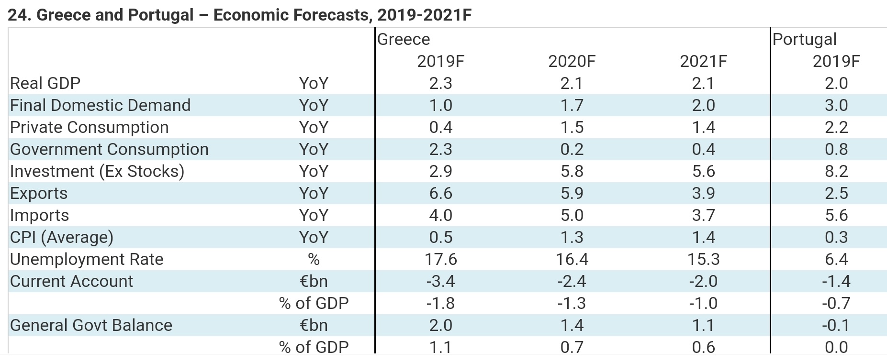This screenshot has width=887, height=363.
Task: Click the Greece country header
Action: [x=404, y=39]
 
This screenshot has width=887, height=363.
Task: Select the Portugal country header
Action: [x=804, y=39]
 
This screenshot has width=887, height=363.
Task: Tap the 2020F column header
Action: [x=572, y=61]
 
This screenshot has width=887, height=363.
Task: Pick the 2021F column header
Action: [x=703, y=61]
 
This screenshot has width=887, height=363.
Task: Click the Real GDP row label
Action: [x=45, y=83]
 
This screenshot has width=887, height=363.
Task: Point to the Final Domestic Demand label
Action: [x=100, y=105]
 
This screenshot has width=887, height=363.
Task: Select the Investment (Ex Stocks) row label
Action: [x=97, y=171]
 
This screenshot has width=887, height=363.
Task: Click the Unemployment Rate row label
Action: [x=87, y=259]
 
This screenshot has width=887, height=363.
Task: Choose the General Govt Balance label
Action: [x=91, y=325]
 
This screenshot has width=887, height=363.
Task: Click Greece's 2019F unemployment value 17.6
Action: [x=440, y=259]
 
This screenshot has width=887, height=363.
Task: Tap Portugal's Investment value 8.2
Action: [x=836, y=171]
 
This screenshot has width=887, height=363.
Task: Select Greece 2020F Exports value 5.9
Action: [x=572, y=193]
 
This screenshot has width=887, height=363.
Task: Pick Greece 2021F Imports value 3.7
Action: [x=703, y=215]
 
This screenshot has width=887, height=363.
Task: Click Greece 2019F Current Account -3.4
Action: [x=440, y=281]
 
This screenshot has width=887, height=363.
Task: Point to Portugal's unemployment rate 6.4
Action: [x=836, y=259]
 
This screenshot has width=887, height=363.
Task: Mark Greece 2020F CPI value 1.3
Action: [x=572, y=237]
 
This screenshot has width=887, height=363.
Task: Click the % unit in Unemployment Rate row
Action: [x=314, y=259]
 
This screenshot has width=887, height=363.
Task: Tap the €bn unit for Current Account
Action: [x=314, y=281]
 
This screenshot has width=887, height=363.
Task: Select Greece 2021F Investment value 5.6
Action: [x=703, y=171]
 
